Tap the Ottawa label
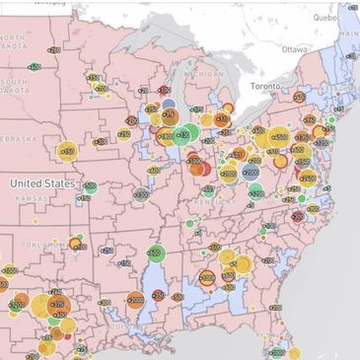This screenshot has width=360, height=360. [x=294, y=47]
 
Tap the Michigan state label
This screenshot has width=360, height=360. [x=203, y=73]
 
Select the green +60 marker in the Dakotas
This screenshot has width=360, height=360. [x=35, y=67]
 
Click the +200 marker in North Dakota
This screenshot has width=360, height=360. [x=53, y=49]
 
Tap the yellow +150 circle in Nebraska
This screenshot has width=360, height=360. [x=66, y=151]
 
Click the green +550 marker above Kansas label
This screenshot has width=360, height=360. [x=90, y=186]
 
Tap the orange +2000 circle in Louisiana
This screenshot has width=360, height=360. [x=135, y=299]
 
